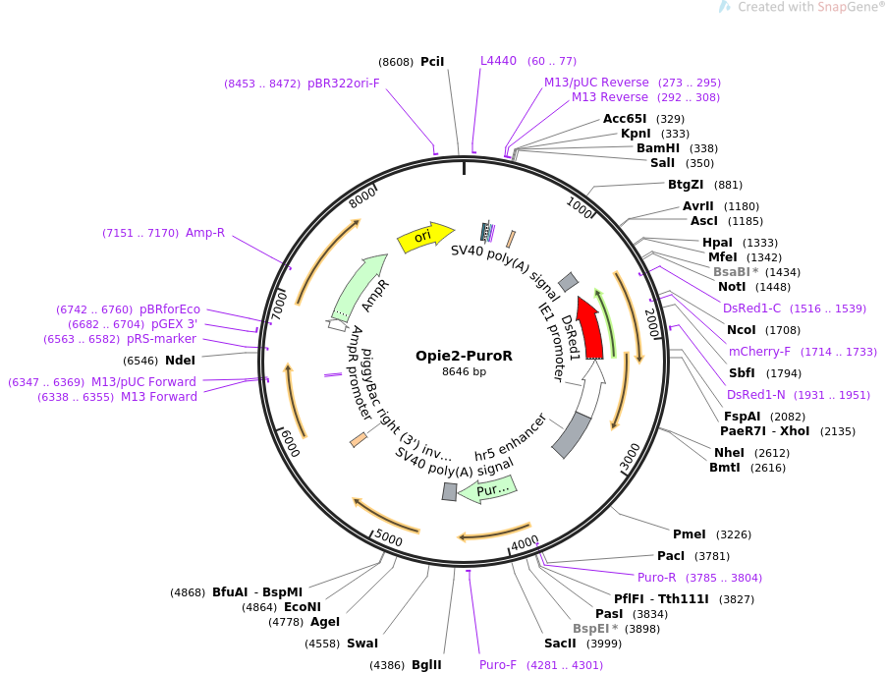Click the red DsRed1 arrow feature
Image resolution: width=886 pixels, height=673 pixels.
tap(591, 330)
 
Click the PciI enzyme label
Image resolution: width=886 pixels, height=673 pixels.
tap(432, 61)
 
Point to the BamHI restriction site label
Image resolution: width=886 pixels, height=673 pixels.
tap(658, 148)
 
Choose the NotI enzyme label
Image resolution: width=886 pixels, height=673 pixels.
tap(732, 287)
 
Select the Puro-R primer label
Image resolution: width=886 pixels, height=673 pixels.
tap(657, 578)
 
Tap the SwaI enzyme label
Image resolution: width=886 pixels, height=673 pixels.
tap(362, 644)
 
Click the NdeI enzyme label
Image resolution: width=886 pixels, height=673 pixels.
tap(180, 361)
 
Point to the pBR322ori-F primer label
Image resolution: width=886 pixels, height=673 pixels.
tap(344, 84)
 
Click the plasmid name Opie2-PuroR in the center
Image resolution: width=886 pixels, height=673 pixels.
tap(464, 356)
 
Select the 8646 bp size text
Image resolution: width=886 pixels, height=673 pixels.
tap(464, 372)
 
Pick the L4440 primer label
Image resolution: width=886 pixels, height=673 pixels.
tap(498, 61)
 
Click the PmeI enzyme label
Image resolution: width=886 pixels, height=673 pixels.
tap(689, 534)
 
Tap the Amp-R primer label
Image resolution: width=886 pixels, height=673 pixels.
tap(205, 233)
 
